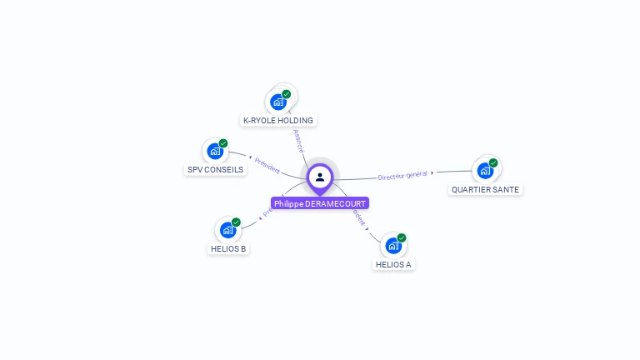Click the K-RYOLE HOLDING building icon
pos(278,102)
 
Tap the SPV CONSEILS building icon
pos(215,152)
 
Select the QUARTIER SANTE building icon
pos(485,172)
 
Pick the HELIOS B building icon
pos(227,231)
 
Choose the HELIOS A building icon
pos(393,246)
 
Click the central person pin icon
pos(320,177)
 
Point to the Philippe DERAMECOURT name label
pos(320,203)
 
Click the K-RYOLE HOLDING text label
pos(278,121)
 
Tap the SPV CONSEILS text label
pos(215,170)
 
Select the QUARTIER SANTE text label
pos(485,190)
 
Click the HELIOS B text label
pos(228,249)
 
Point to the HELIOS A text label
pos(393,265)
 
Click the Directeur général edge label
pos(403,175)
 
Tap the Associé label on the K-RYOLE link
pos(298,140)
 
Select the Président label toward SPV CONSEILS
pos(267,164)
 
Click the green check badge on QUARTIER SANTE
pos(493,162)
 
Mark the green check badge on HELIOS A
pos(402,237)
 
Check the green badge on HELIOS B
pos(236,222)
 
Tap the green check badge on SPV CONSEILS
pos(223,143)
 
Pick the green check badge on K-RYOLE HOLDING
pos(287,93)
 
